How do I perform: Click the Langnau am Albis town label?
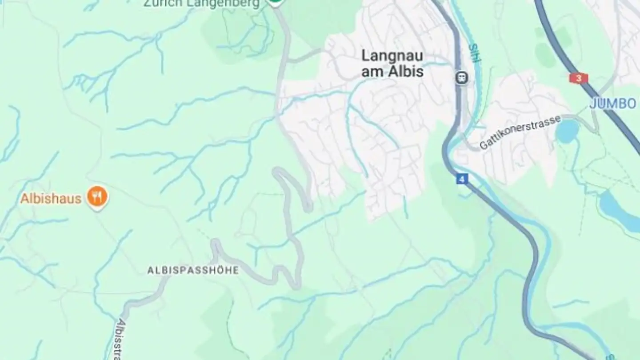(x=392, y=64)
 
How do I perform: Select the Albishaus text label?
(x=51, y=198)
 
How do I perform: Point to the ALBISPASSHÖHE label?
(x=193, y=270)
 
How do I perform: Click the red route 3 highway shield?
(x=578, y=78)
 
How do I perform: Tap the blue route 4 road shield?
(x=462, y=180)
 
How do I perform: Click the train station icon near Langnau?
(x=462, y=78)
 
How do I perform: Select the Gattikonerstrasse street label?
(x=520, y=132)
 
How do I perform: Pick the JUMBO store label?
(x=613, y=104)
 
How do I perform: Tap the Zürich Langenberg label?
(x=201, y=4)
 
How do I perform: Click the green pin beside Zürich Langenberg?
(x=275, y=3)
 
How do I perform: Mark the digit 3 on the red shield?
(x=578, y=78)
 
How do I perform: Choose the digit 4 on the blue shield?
(x=462, y=180)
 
